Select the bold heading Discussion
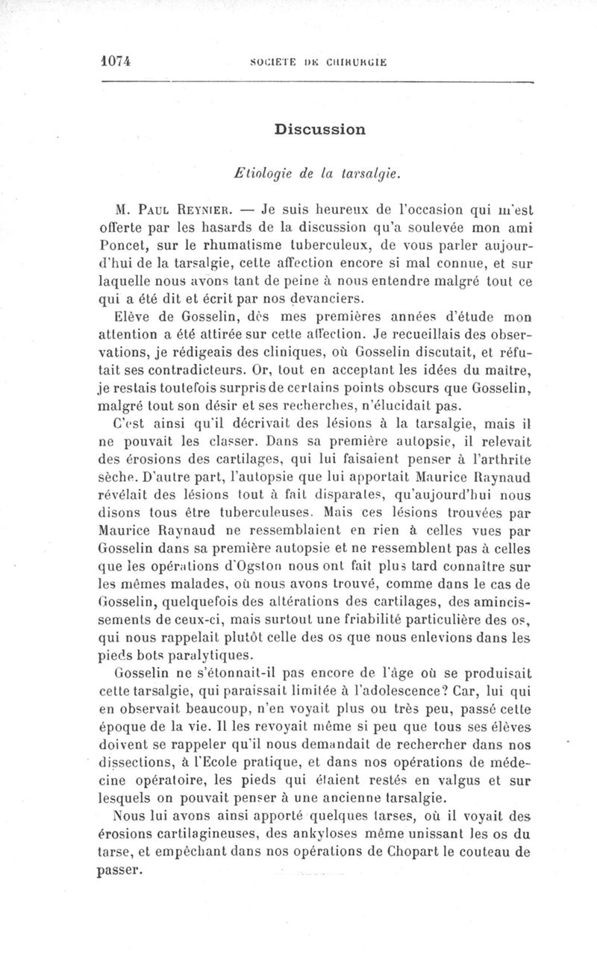[x=319, y=129]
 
